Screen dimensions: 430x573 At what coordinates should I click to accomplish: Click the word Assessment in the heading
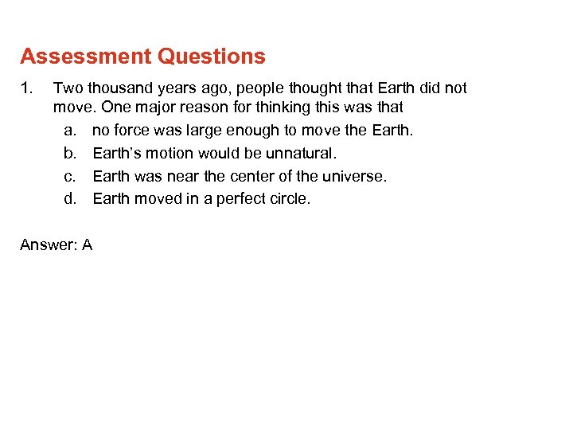click(x=86, y=57)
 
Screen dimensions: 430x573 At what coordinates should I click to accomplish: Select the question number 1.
click(x=25, y=88)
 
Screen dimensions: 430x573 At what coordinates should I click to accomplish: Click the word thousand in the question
click(x=119, y=88)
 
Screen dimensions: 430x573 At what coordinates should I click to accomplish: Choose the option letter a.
click(x=69, y=130)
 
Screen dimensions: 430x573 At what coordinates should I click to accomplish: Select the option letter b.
click(x=69, y=153)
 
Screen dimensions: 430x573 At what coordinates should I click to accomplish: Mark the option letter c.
click(x=69, y=176)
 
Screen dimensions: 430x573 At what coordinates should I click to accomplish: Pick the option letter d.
click(x=69, y=199)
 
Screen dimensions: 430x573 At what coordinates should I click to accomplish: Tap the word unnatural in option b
click(x=306, y=153)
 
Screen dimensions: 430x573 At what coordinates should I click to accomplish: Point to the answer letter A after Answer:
click(x=87, y=245)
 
